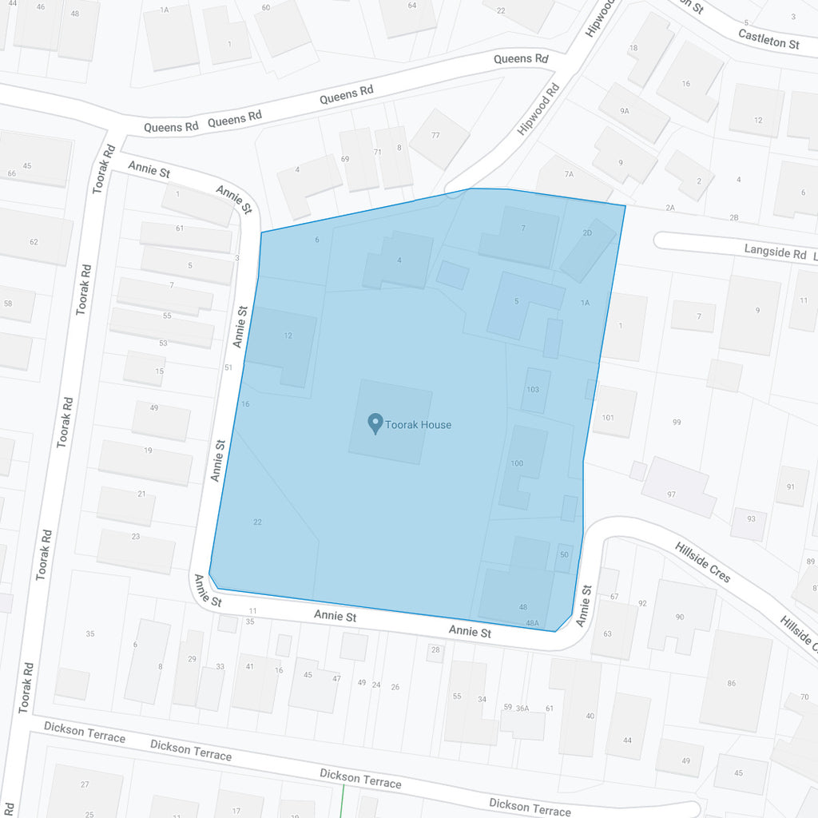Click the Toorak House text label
[x=418, y=425]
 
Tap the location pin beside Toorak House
[x=374, y=423]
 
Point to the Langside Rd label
[x=775, y=252]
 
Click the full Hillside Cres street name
[x=703, y=562]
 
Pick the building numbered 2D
[x=588, y=249]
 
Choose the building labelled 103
[x=534, y=391]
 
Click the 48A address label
[x=532, y=623]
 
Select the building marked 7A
[x=569, y=174]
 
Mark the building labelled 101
[x=612, y=413]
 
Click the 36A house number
[x=522, y=709]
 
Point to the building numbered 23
[x=136, y=550]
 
